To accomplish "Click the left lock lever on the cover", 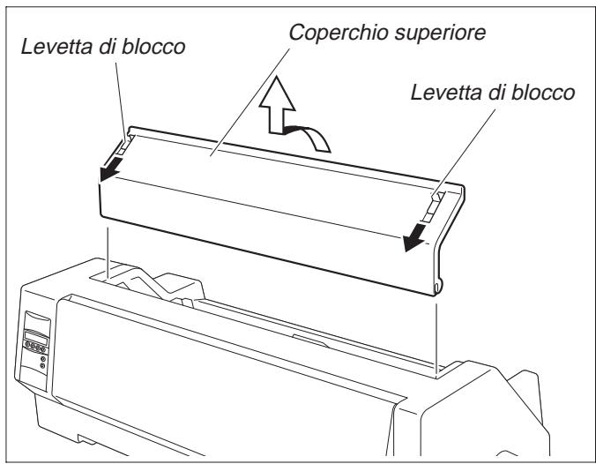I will tap(124, 142).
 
